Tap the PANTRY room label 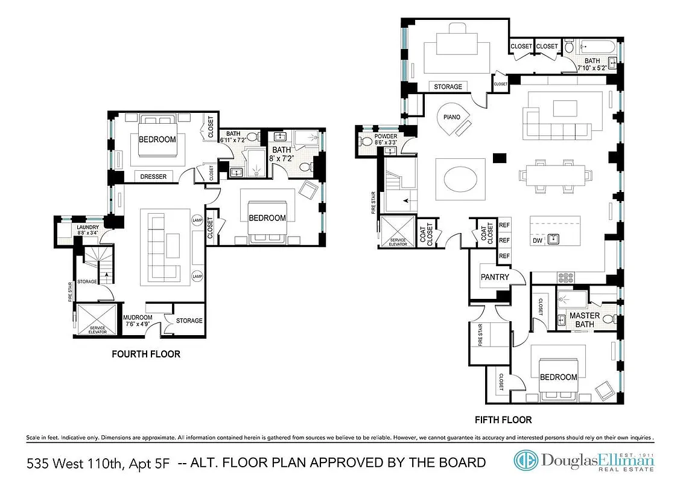click(495, 277)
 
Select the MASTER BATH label click(585, 319)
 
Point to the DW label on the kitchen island click(537, 240)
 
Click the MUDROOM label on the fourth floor click(138, 318)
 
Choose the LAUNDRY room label click(80, 227)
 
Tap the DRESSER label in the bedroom click(153, 176)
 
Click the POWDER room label click(386, 136)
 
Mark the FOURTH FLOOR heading click(146, 354)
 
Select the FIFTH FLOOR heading click(503, 419)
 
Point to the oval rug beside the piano click(460, 179)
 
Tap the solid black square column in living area click(499, 158)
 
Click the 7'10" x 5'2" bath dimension click(592, 68)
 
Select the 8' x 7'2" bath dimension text click(281, 159)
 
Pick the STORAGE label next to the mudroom click(189, 321)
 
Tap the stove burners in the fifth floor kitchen click(567, 277)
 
